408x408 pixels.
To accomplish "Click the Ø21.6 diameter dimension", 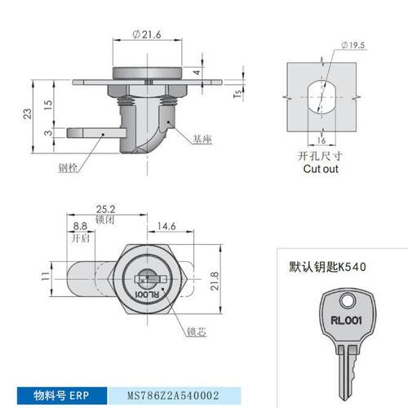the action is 147,34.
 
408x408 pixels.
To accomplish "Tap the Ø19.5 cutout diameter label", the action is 353,45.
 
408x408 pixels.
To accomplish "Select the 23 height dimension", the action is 27,113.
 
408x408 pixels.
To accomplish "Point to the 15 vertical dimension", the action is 48,104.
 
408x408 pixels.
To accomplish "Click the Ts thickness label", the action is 237,93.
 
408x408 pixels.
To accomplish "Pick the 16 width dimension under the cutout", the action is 322,140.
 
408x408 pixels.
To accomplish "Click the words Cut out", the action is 321,169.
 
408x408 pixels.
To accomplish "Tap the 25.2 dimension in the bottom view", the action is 106,209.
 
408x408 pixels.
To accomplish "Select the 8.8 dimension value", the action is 80,226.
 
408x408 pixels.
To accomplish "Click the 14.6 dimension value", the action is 166,226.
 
